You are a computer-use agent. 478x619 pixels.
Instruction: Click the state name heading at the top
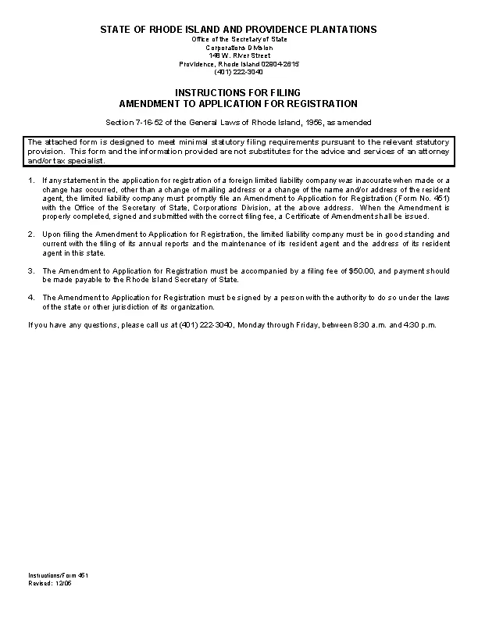coord(238,29)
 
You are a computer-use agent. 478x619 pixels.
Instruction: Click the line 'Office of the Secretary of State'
coord(238,39)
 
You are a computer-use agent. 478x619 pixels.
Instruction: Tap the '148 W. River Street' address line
coord(238,55)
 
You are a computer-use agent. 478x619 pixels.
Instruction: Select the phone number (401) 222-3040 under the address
coord(238,72)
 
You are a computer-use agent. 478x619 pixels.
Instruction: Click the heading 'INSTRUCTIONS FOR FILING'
coord(238,92)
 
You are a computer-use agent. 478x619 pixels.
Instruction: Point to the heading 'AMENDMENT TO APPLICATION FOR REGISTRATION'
coord(238,103)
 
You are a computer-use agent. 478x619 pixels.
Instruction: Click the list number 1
coord(31,181)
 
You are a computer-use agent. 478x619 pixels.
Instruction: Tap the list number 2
coord(31,234)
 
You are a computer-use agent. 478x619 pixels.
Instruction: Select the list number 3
coord(31,270)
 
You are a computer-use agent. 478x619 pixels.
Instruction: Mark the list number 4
coord(31,298)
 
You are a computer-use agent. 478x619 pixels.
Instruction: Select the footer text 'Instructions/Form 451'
coord(58,575)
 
